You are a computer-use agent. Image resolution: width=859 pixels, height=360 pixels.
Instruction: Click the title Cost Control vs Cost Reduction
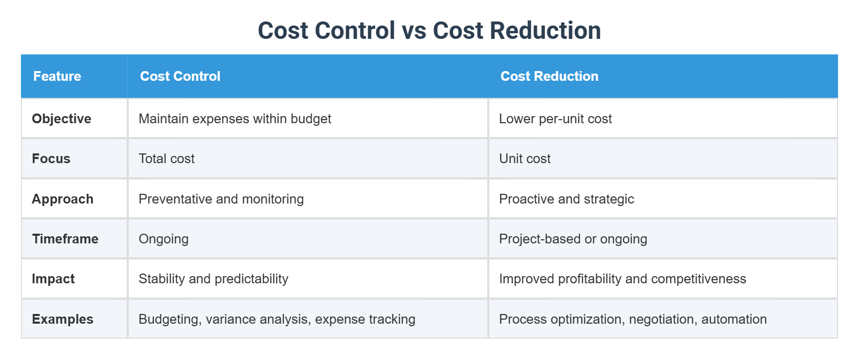[429, 31]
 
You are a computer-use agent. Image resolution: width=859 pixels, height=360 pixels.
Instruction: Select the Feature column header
[57, 76]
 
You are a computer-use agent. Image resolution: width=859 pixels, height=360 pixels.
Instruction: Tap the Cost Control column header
[180, 76]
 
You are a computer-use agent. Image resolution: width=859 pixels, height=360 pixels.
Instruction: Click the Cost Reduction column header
[549, 76]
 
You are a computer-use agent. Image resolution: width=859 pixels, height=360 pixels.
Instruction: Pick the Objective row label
[61, 119]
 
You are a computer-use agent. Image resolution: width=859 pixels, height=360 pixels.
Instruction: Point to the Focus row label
[51, 159]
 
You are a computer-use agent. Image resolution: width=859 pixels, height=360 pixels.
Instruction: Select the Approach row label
[62, 199]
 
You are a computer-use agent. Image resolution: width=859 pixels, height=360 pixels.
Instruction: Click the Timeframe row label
[65, 239]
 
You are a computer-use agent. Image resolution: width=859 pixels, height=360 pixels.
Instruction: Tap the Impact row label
[53, 279]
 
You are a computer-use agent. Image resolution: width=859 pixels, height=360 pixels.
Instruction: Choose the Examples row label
[62, 319]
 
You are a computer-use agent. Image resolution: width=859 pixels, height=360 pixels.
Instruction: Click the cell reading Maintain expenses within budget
[235, 119]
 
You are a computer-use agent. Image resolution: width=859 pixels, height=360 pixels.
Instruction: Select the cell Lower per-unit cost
[555, 119]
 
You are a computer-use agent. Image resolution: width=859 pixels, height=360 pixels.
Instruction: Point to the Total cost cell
[166, 159]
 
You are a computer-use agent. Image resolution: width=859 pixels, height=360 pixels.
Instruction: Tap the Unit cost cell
[525, 159]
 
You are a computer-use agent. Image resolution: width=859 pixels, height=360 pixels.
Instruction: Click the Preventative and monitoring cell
[221, 199]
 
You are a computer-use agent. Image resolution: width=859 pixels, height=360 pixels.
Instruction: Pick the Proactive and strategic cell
[566, 199]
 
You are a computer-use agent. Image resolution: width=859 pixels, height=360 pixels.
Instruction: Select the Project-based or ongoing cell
[573, 239]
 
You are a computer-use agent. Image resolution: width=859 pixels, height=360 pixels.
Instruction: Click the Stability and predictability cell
[213, 279]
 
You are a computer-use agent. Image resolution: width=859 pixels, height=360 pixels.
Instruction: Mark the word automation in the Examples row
[734, 319]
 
